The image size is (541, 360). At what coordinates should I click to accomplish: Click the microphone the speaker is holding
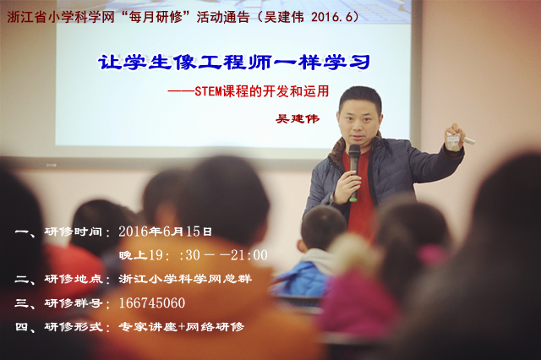(354, 172)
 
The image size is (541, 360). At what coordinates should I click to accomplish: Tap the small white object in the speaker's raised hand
(460, 139)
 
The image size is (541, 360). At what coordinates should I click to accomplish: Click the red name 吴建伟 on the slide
(298, 119)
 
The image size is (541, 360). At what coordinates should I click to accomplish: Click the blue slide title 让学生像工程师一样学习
(234, 63)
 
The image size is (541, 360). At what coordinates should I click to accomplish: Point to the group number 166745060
(152, 303)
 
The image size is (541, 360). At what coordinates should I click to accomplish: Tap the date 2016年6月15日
(165, 232)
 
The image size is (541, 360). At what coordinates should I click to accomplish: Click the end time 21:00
(249, 255)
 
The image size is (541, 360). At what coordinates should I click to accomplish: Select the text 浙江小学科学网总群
(185, 279)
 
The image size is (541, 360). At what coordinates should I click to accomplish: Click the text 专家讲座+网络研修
(182, 326)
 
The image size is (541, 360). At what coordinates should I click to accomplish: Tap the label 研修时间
(74, 232)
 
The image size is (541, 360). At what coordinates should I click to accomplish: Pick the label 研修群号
(74, 303)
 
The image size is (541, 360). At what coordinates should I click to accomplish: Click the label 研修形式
(74, 326)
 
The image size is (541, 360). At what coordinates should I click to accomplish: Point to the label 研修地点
(74, 279)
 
